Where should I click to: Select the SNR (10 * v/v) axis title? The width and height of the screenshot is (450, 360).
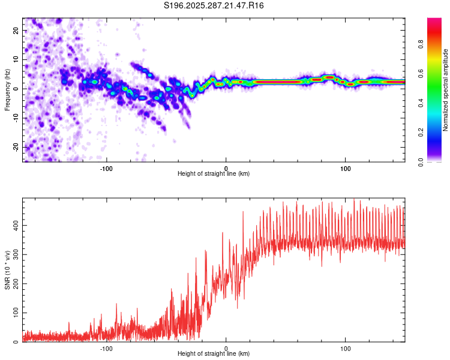[x=7, y=269]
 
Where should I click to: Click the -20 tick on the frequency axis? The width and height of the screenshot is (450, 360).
[x=15, y=148]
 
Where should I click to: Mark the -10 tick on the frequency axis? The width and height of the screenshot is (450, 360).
[x=15, y=118]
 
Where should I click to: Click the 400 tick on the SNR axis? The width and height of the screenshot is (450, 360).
[x=14, y=224]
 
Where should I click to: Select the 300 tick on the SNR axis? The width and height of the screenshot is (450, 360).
[x=14, y=254]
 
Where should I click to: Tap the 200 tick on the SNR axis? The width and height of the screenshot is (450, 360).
[x=14, y=283]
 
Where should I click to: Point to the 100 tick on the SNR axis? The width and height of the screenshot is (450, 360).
[x=14, y=313]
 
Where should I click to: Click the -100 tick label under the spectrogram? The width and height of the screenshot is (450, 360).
[x=106, y=167]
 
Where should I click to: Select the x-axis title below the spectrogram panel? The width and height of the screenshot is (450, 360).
[x=214, y=174]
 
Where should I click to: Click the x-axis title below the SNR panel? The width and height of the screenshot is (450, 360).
[x=214, y=354]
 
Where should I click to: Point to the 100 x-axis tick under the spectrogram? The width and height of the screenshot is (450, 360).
[x=346, y=167]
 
